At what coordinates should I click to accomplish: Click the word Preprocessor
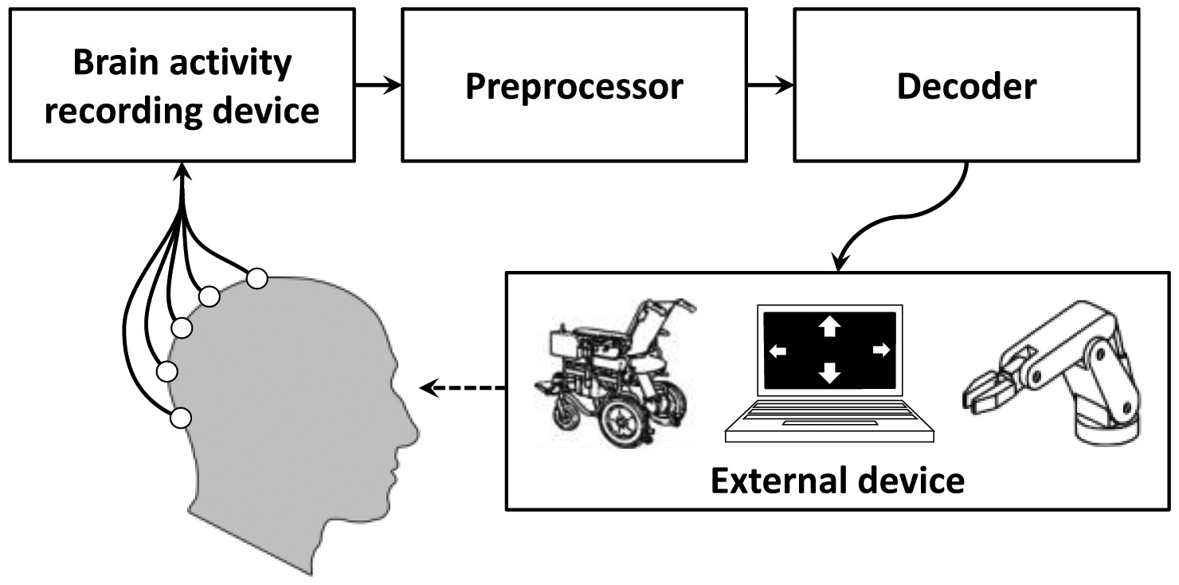574,86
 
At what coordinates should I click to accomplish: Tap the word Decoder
966,86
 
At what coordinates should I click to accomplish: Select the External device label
837,481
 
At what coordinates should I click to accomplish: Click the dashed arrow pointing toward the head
462,388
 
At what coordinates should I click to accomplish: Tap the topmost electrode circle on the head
257,278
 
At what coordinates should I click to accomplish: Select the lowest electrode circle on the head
181,416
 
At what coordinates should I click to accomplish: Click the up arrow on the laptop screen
830,324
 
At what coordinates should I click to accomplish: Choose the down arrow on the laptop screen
830,373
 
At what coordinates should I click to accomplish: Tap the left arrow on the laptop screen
777,350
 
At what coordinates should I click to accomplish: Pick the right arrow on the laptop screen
881,349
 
